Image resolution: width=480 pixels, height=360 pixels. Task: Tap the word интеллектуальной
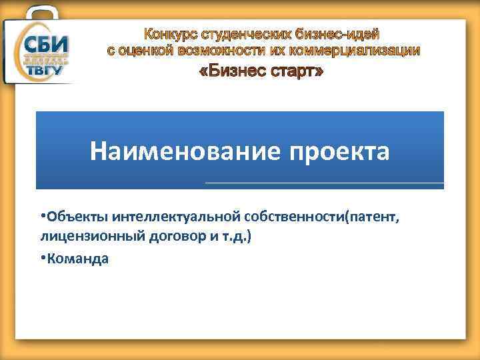(167, 219)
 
